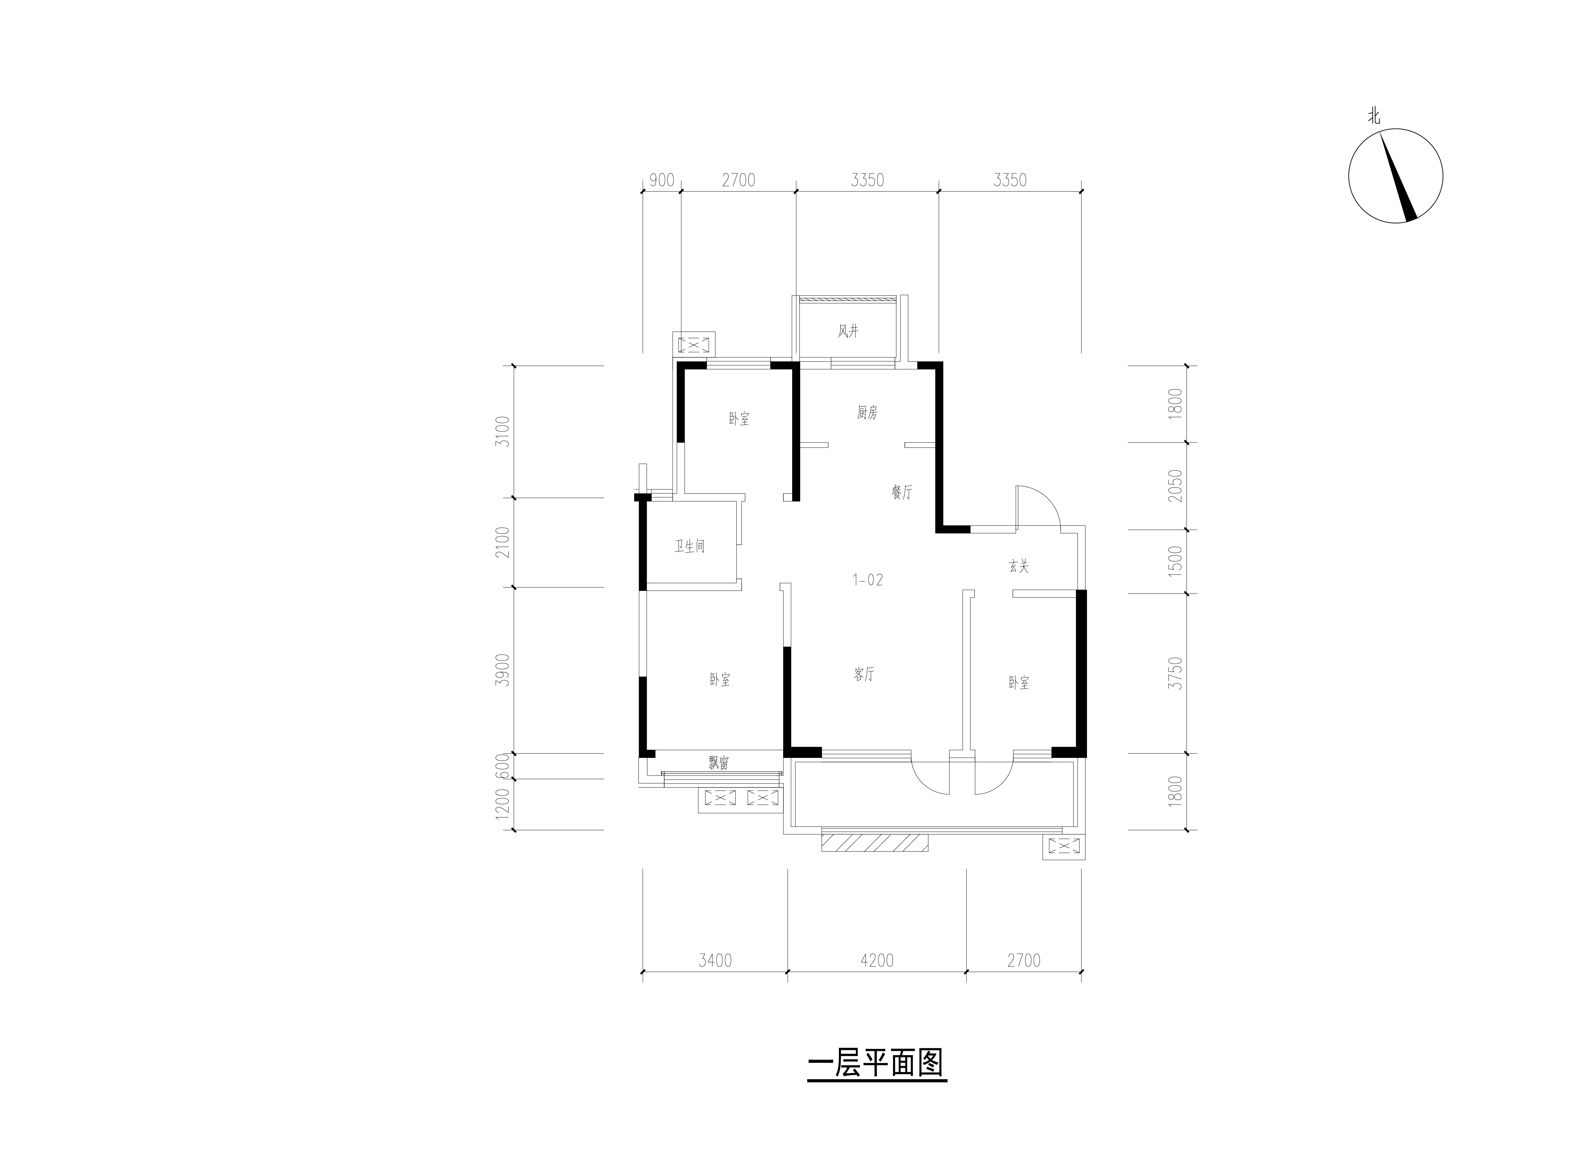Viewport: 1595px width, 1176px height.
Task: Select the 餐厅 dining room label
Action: (901, 492)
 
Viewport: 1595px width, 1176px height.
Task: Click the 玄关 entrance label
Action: (1019, 567)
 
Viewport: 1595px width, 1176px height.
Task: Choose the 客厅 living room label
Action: (864, 674)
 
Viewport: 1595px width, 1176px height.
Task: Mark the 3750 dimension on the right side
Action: (1176, 673)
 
